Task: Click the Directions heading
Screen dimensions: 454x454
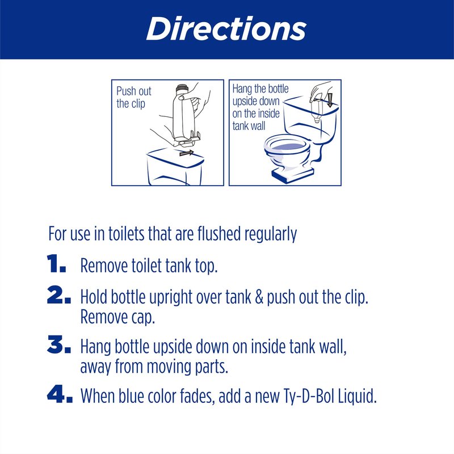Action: coord(226,29)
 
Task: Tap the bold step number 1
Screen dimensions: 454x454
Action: coord(56,263)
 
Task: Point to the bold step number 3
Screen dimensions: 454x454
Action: coord(59,344)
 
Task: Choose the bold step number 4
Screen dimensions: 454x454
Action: coord(60,394)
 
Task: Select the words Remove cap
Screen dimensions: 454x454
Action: coord(117,317)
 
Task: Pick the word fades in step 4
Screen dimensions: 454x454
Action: coord(197,396)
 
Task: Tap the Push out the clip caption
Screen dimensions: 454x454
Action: coord(134,97)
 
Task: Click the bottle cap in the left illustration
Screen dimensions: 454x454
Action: coord(182,89)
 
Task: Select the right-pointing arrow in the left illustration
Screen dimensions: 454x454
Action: coord(187,153)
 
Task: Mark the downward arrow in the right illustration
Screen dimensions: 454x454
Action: coord(330,100)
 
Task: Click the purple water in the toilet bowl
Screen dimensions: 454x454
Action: coord(288,147)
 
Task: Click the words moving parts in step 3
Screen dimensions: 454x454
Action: coord(187,367)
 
